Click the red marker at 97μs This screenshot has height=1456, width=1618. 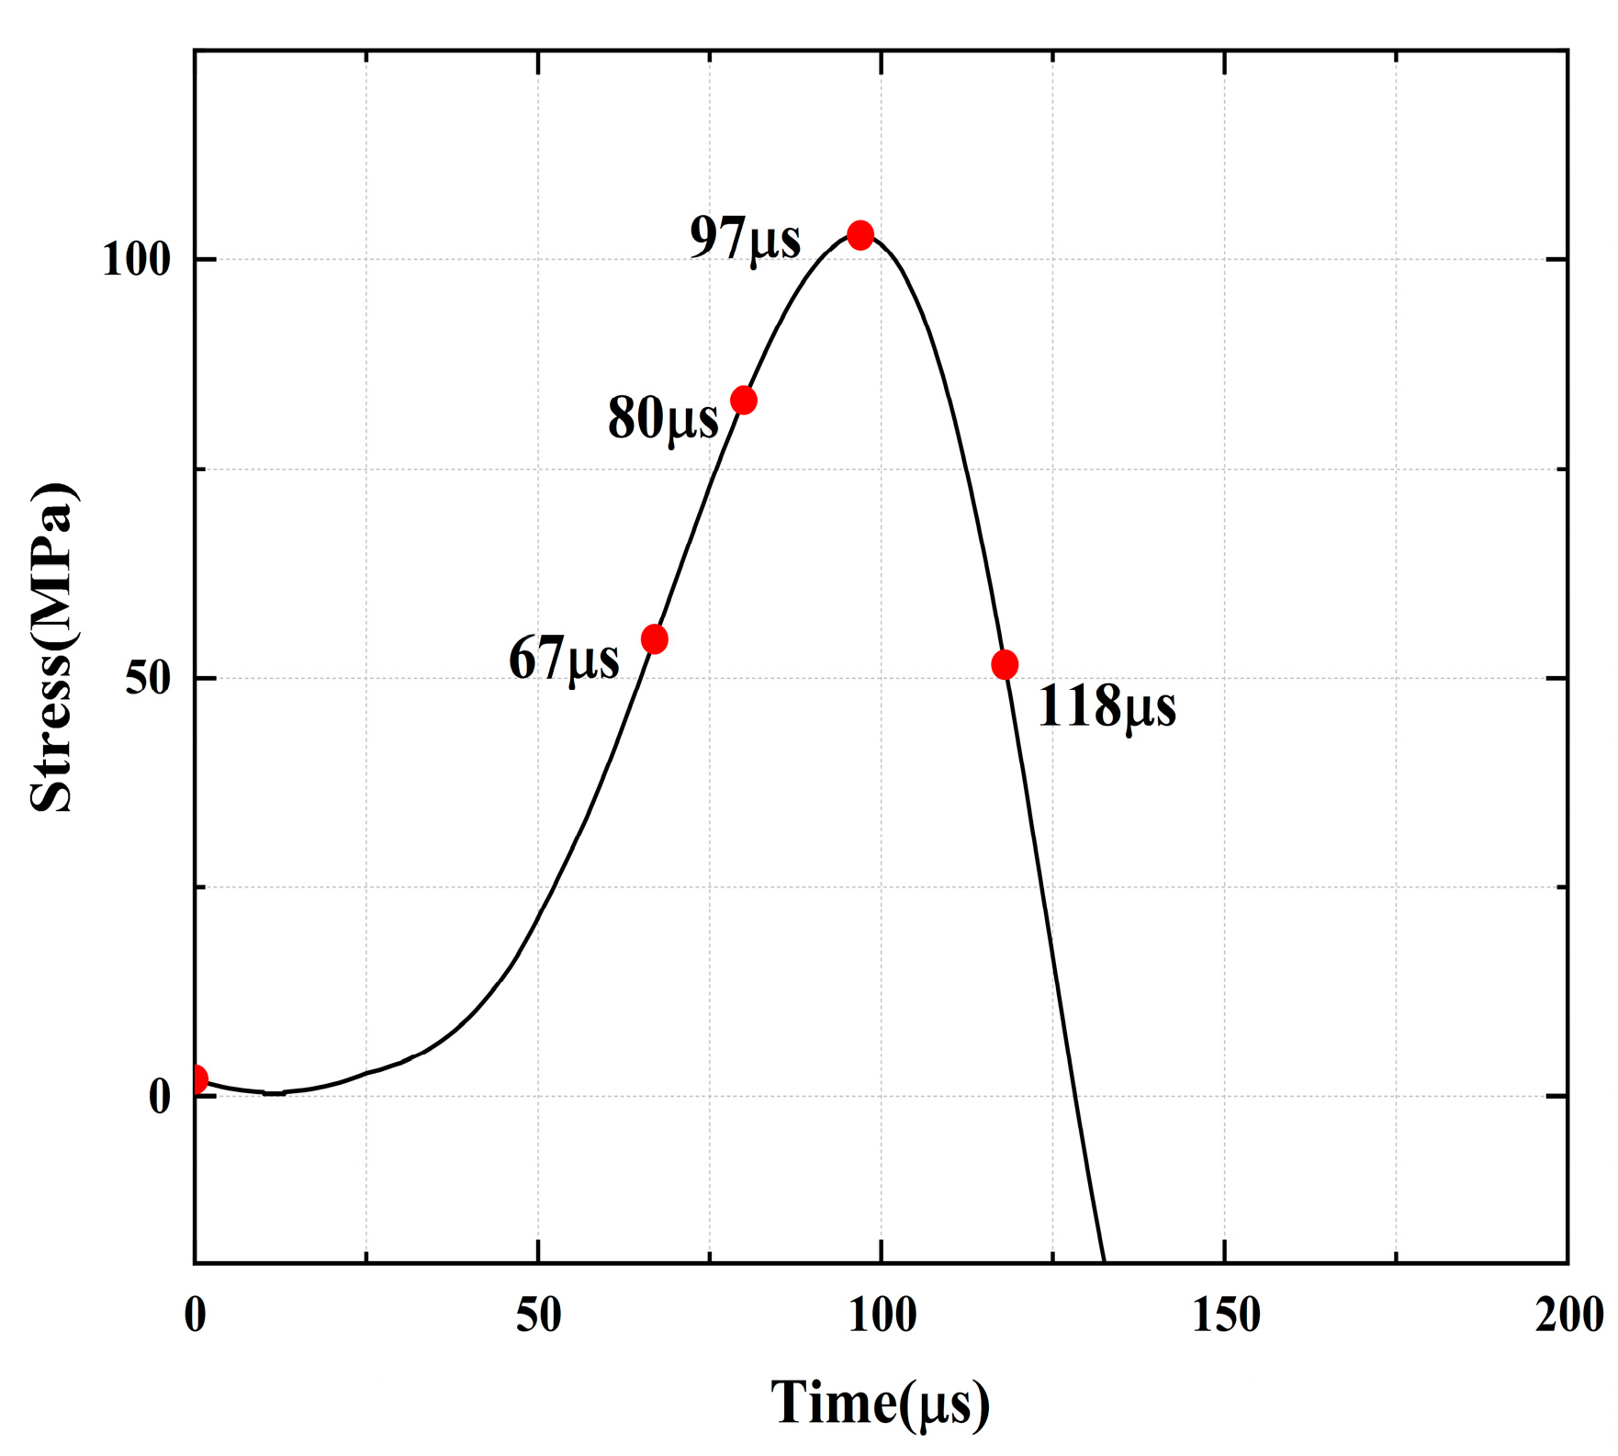(860, 235)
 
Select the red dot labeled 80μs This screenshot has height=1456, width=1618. (743, 401)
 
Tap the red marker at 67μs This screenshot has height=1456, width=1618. (654, 639)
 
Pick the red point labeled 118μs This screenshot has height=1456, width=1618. (1005, 664)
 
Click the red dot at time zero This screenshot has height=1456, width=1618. (197, 1079)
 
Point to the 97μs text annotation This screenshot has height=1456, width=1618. (745, 239)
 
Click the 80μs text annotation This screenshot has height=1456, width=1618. (663, 419)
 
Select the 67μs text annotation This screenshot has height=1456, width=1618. (564, 660)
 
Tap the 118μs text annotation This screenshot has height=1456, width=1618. (1107, 706)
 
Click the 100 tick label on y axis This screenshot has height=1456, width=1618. (136, 260)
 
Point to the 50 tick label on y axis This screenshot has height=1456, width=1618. (148, 679)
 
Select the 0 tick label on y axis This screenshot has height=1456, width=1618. (160, 1097)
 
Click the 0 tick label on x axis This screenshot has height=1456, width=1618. (195, 1315)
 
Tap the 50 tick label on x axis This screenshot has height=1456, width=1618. (538, 1315)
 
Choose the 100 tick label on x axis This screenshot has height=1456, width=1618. (882, 1315)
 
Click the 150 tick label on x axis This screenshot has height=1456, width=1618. (1226, 1315)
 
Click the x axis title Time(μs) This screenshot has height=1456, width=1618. (880, 1403)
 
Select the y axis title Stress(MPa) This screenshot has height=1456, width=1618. (52, 648)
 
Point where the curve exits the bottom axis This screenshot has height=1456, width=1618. (1104, 1260)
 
